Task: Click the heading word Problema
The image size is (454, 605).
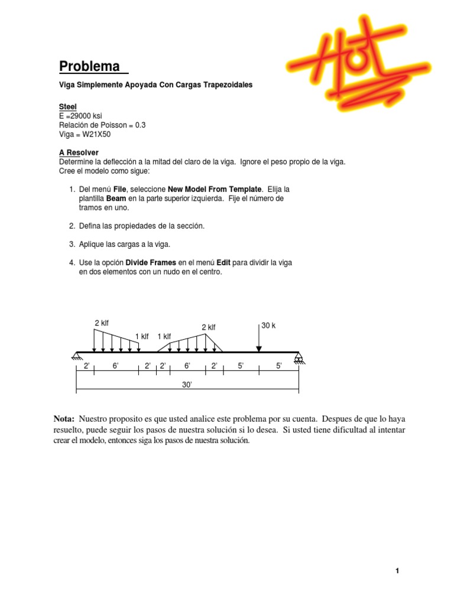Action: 89,66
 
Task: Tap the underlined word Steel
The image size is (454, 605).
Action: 68,106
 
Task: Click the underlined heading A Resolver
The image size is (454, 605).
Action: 79,152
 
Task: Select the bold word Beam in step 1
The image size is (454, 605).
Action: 116,199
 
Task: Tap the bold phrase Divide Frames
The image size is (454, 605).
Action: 151,262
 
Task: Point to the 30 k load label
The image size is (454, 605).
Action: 269,326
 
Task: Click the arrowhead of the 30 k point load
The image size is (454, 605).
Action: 259,349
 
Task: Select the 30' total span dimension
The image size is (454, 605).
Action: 187,385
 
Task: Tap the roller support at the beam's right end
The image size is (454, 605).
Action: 299,357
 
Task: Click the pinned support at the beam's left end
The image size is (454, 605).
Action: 76,356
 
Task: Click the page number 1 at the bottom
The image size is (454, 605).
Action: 398,571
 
